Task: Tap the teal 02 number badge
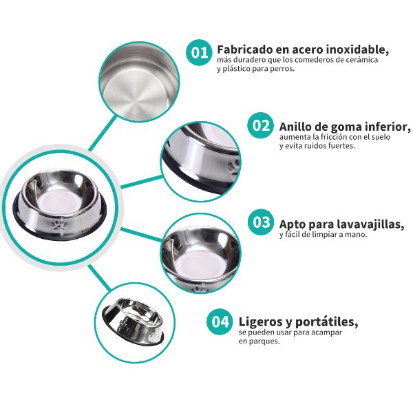[x=260, y=126]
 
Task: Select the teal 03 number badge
[x=260, y=222]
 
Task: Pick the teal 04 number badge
[x=220, y=321]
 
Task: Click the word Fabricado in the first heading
[x=242, y=50]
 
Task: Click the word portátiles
[x=326, y=321]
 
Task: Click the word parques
[x=265, y=341]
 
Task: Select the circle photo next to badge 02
[x=201, y=160]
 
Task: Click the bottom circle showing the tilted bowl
[x=132, y=321]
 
